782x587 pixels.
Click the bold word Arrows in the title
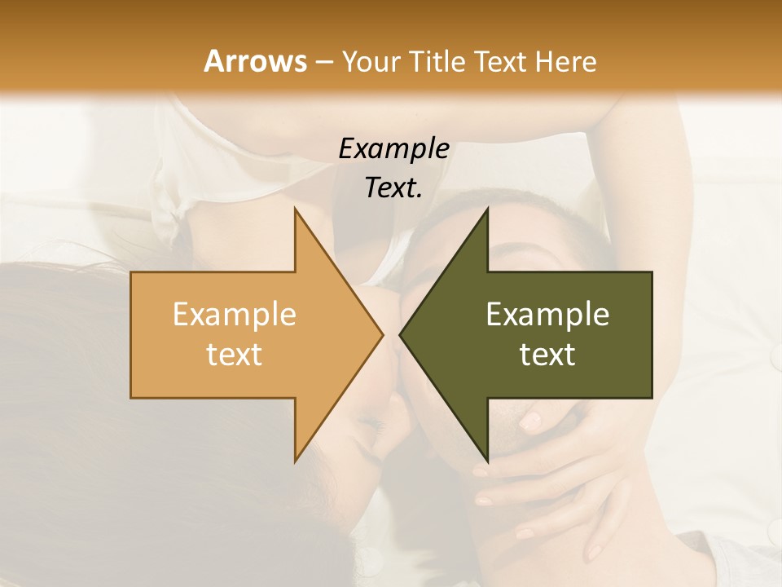coord(255,61)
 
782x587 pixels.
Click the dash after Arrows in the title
coord(323,63)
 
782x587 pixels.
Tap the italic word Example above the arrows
coord(393,148)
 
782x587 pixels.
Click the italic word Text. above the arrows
coord(393,188)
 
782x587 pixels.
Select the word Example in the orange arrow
coord(235,314)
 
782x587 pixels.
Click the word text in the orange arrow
coord(235,354)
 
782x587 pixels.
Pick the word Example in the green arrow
coord(547,314)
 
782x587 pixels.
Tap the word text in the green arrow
coord(547,354)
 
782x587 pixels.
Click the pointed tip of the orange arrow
coord(382,334)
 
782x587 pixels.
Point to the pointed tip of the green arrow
coord(400,334)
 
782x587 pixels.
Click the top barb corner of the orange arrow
coord(295,210)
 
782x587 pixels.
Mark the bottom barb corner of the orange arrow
coord(295,461)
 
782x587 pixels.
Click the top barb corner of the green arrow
coord(487,210)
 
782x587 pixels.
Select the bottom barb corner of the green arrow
coord(487,461)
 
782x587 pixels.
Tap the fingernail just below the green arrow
coord(530,421)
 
